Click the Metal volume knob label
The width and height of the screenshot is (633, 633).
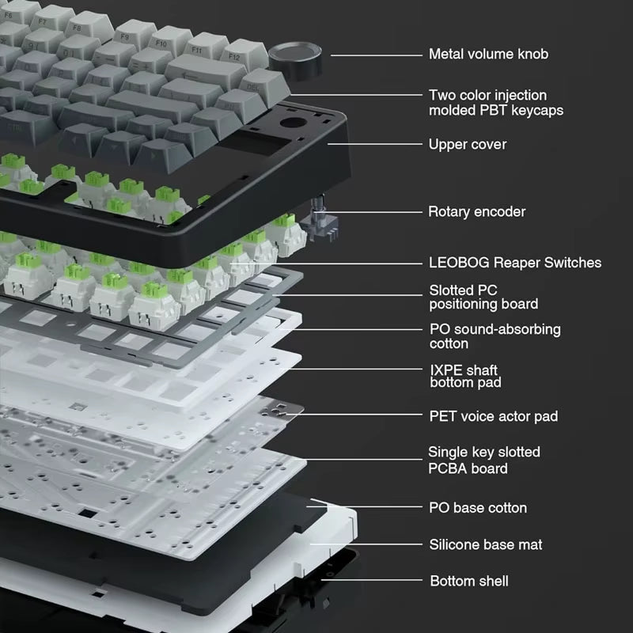coord(487,55)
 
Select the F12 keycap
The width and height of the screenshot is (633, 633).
coord(235,57)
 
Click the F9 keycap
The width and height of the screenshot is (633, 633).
coord(127,36)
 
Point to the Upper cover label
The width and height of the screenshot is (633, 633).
coord(467,144)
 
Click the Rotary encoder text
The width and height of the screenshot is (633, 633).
coord(476,211)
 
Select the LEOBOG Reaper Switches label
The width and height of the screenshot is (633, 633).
coord(514,262)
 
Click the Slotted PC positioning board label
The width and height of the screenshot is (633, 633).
coord(483,297)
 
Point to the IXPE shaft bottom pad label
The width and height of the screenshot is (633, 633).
coord(464,376)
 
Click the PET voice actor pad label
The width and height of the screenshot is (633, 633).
coord(498,415)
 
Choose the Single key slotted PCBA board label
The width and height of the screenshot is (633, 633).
coord(483,461)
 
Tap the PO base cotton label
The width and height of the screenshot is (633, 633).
coord(477,508)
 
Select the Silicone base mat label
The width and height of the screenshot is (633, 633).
coord(485,544)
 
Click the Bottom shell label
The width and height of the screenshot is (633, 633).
coord(468,582)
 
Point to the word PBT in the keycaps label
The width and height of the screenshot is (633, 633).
coord(484,111)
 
